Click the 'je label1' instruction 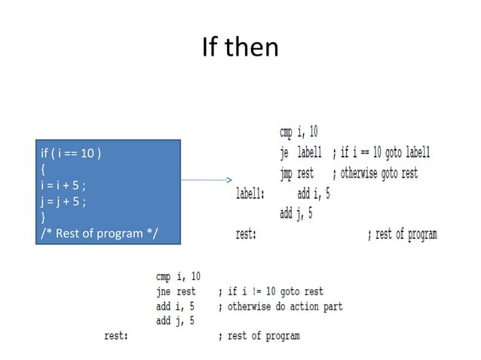[300, 153]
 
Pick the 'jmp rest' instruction [296, 173]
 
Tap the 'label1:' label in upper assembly [250, 194]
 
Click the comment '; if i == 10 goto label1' [381, 153]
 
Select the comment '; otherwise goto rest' [375, 173]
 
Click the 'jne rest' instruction [176, 291]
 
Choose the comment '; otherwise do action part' [280, 306]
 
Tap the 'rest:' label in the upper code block [246, 234]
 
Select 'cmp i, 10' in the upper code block [299, 133]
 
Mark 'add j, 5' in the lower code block [173, 321]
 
